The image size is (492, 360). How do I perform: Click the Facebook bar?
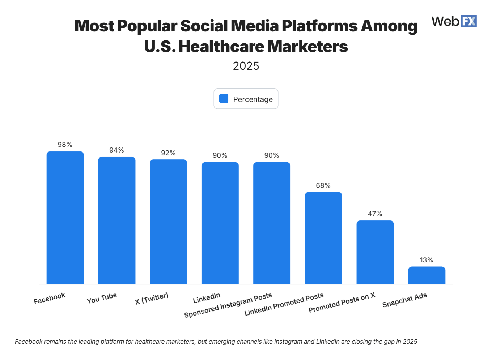(65, 218)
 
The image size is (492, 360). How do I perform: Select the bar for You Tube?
(117, 220)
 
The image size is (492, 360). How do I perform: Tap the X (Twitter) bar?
(169, 222)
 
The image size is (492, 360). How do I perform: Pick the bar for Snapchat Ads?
(427, 275)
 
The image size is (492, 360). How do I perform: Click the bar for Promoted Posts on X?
(375, 252)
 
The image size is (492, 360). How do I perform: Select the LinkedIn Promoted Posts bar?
(323, 238)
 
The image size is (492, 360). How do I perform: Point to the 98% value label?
(65, 145)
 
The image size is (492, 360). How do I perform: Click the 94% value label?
(117, 150)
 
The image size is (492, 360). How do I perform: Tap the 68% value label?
(323, 185)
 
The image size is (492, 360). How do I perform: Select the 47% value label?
(375, 214)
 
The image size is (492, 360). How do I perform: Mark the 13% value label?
(427, 260)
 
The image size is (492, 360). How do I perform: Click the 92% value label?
(169, 153)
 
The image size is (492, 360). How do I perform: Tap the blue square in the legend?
(224, 99)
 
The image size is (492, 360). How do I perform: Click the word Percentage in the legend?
(253, 99)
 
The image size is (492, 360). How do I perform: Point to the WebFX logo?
(454, 21)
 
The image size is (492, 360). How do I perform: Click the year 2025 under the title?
(246, 66)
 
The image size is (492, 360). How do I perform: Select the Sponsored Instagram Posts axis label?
(228, 305)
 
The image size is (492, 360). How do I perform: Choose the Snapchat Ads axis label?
(404, 300)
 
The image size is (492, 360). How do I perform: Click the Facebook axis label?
(50, 298)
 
